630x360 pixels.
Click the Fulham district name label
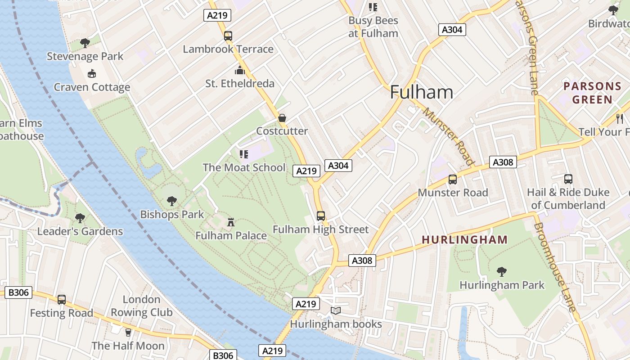pyautogui.click(x=421, y=92)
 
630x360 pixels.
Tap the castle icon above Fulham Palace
pyautogui.click(x=231, y=221)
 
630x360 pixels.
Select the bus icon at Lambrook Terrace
pyautogui.click(x=228, y=36)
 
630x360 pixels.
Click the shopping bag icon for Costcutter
pyautogui.click(x=282, y=118)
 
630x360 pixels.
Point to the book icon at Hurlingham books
pyautogui.click(x=336, y=310)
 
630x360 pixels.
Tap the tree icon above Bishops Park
pyautogui.click(x=171, y=201)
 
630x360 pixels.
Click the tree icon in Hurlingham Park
pyautogui.click(x=502, y=272)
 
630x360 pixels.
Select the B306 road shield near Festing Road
pyautogui.click(x=18, y=292)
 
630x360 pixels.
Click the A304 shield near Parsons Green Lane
pyautogui.click(x=452, y=30)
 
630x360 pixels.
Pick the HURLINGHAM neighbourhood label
pyautogui.click(x=464, y=240)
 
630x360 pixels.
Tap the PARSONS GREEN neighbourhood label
pyautogui.click(x=592, y=93)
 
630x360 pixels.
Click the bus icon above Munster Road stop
pyautogui.click(x=452, y=179)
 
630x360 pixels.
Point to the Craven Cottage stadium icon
pyautogui.click(x=92, y=73)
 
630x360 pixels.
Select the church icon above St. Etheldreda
pyautogui.click(x=239, y=70)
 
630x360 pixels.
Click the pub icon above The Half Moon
pyautogui.click(x=128, y=332)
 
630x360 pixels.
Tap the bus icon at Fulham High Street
pyautogui.click(x=320, y=216)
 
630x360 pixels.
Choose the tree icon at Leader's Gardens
pyautogui.click(x=80, y=218)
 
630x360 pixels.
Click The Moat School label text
pyautogui.click(x=244, y=167)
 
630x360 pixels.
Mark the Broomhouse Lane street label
pyautogui.click(x=555, y=266)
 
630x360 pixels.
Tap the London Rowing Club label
pyautogui.click(x=141, y=306)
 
